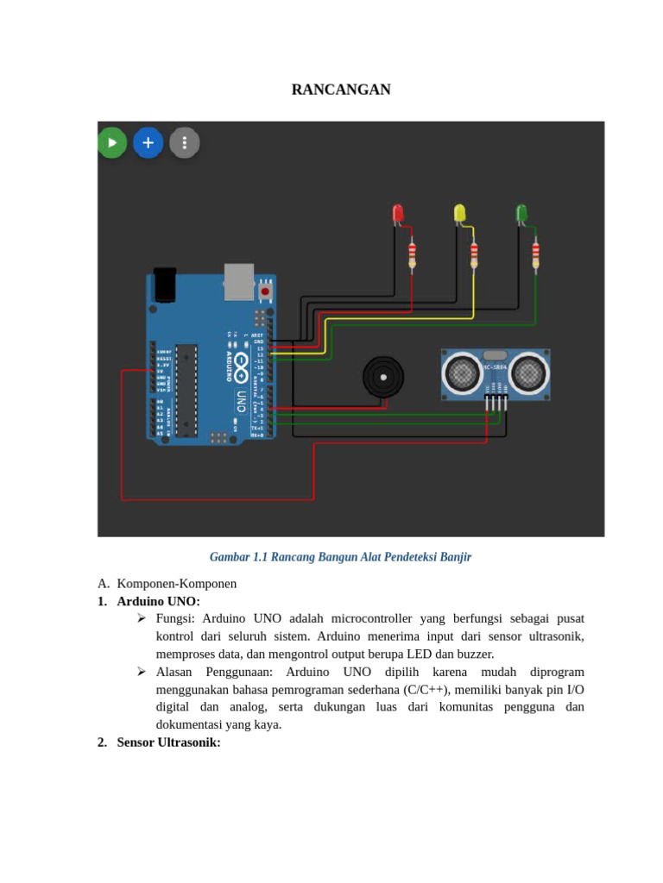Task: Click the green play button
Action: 111,142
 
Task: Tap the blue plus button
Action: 148,142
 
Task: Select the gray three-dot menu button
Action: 185,142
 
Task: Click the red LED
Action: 398,213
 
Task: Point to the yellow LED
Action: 460,213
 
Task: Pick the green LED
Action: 521,213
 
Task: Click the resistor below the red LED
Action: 412,253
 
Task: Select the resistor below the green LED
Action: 535,253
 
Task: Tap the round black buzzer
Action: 383,377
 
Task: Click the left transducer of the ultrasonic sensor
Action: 462,373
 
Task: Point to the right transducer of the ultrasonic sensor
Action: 527,373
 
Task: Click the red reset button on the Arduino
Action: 265,291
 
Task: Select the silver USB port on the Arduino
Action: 239,282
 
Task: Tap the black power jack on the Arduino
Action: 165,285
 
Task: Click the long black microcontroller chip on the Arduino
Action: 186,390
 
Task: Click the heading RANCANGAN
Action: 341,90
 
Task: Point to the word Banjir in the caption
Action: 456,557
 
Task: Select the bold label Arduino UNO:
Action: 159,601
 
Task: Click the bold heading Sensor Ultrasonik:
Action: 169,742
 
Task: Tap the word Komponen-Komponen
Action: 177,584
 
